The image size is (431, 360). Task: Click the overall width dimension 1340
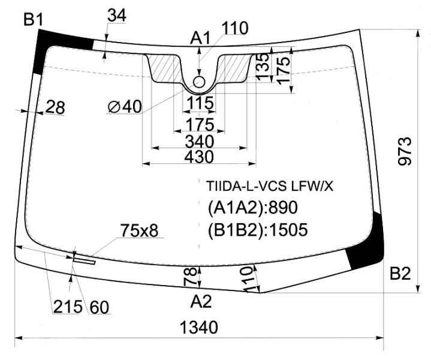click(x=198, y=328)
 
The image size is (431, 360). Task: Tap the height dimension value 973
click(x=405, y=151)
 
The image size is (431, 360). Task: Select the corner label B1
click(x=33, y=20)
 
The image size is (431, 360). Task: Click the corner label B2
click(x=400, y=274)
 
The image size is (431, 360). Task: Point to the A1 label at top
click(x=200, y=38)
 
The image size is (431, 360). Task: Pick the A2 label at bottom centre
click(x=201, y=301)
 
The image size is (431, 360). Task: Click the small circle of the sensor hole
click(x=199, y=82)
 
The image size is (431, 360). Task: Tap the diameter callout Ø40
click(x=125, y=107)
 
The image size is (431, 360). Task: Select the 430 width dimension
click(x=199, y=157)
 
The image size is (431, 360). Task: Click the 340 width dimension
click(x=200, y=142)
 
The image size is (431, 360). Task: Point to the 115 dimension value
click(x=200, y=103)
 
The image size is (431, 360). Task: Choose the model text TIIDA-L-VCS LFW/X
click(x=270, y=187)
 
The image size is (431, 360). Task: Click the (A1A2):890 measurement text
click(x=253, y=207)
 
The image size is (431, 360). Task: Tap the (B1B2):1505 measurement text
click(x=258, y=230)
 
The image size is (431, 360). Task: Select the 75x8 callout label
click(x=139, y=230)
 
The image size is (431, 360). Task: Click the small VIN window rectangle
click(x=84, y=260)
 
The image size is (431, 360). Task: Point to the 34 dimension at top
click(x=117, y=16)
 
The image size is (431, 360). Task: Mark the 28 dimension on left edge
click(x=55, y=107)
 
